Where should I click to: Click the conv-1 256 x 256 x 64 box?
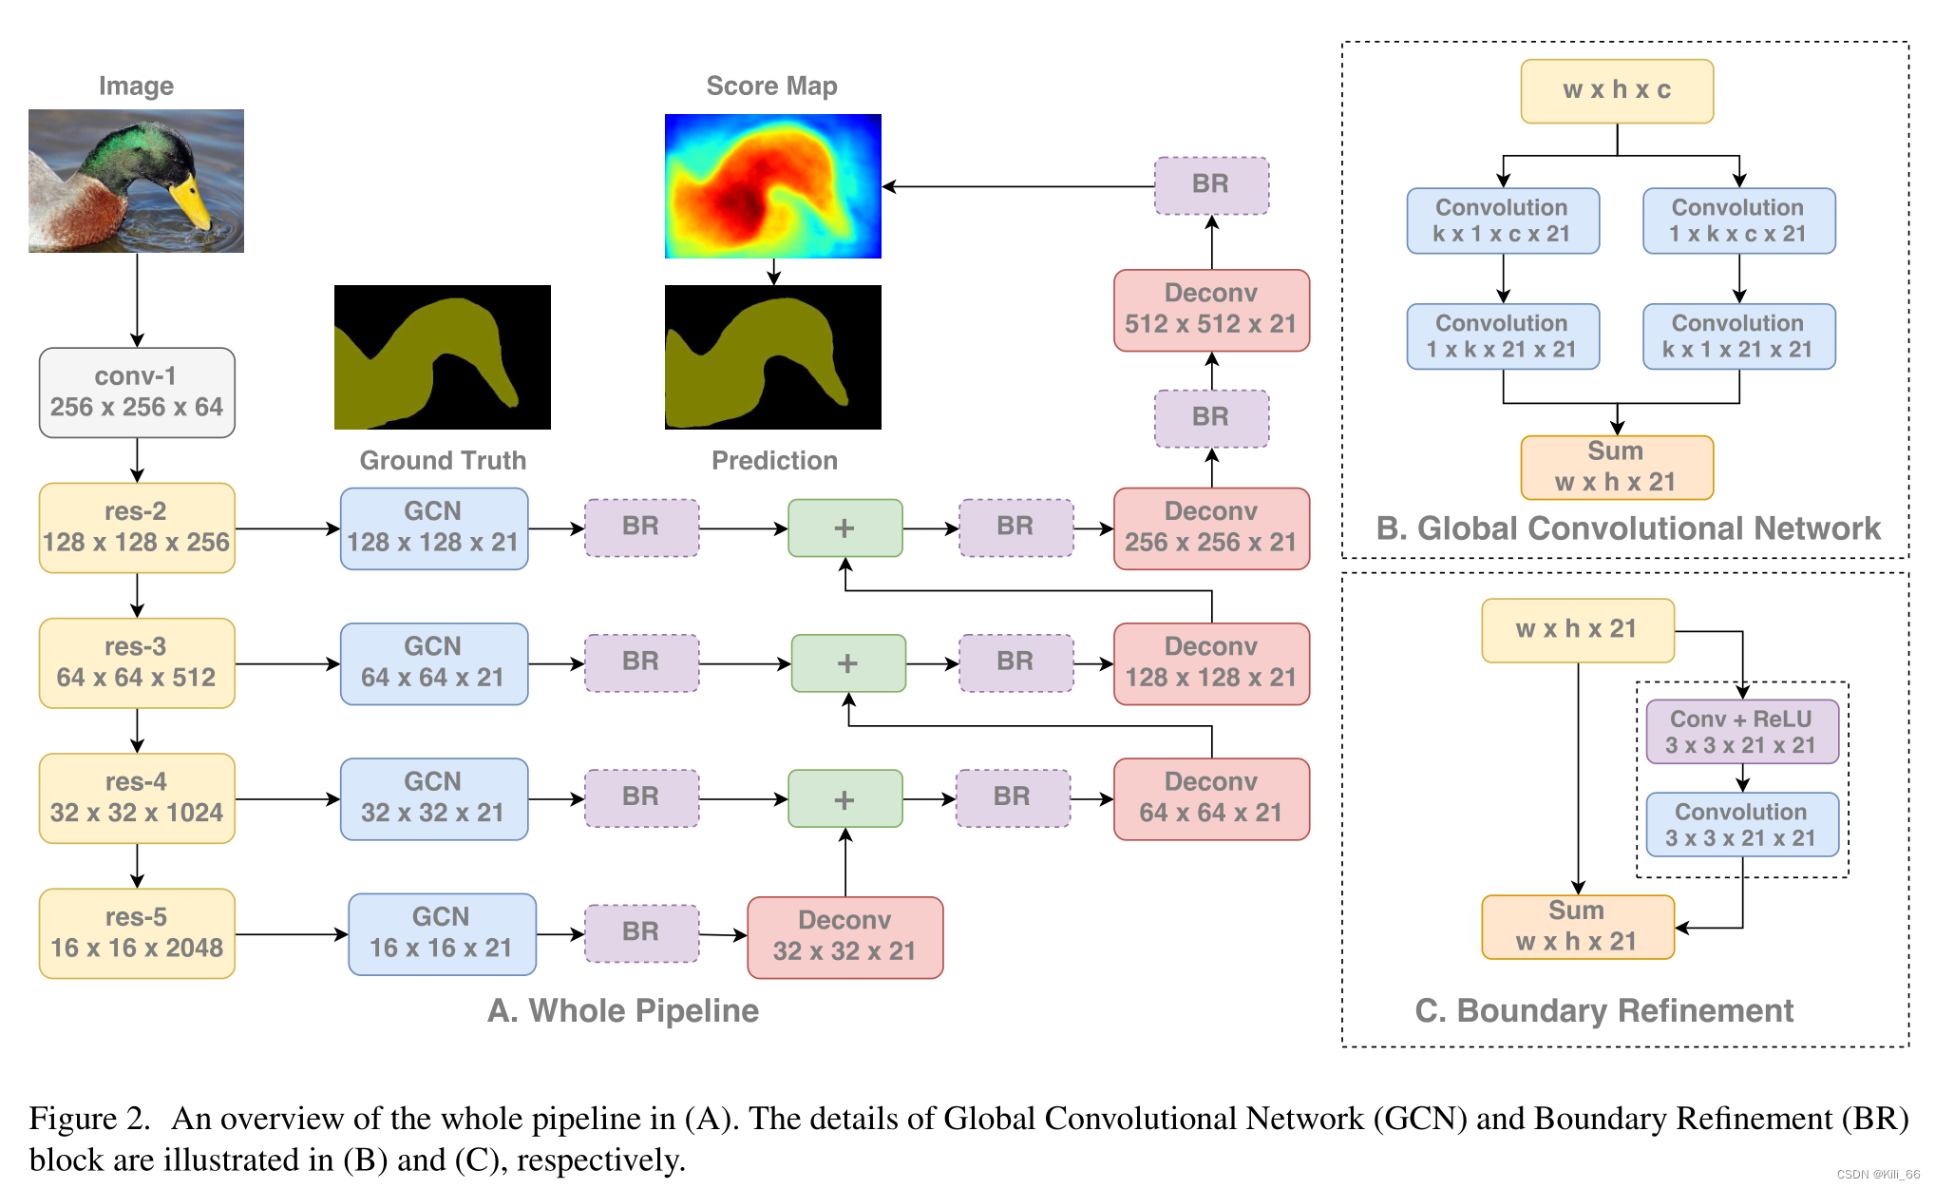(137, 393)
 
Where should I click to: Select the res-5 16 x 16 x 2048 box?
(137, 933)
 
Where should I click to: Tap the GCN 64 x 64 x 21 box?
(433, 663)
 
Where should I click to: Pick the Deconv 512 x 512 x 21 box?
(1211, 310)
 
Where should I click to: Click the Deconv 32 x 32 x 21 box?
(844, 936)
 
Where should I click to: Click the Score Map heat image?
(772, 186)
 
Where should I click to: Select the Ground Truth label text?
(443, 461)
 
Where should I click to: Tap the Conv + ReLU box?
(1742, 732)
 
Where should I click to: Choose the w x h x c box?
(1617, 91)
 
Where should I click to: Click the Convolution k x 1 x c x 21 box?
(1502, 221)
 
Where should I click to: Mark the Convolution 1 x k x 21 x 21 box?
(1502, 336)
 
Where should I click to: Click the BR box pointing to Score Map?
(1211, 185)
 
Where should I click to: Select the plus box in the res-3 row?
(848, 663)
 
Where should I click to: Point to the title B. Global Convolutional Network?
(1627, 528)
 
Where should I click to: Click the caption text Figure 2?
(89, 1119)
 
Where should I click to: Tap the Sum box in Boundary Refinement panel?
(1577, 927)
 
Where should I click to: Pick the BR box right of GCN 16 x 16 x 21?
(641, 932)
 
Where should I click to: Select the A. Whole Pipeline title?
(623, 1010)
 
